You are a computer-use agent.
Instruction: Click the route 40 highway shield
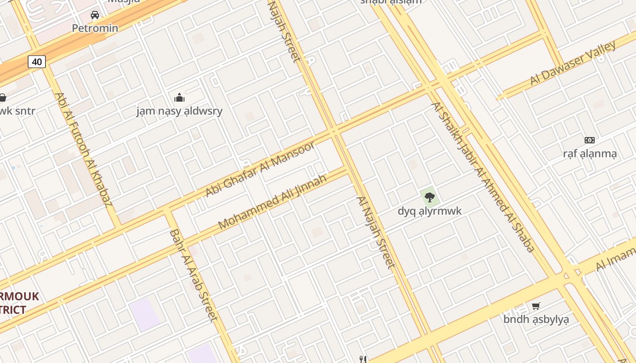(x=37, y=62)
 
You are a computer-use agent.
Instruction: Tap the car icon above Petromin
(x=95, y=15)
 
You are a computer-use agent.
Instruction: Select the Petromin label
(x=95, y=28)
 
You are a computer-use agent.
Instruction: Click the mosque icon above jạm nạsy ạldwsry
(x=179, y=97)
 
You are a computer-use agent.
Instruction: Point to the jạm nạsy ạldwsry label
(x=179, y=111)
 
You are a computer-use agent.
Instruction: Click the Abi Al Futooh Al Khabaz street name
(x=84, y=149)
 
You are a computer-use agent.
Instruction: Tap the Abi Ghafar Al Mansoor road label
(x=260, y=169)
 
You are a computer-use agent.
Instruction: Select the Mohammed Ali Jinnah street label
(x=272, y=201)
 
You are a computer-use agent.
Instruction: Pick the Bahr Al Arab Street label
(x=193, y=275)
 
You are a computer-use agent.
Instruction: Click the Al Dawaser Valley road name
(x=573, y=63)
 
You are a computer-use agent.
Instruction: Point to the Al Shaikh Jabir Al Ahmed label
(x=483, y=177)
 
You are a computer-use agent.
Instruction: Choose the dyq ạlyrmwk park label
(x=429, y=211)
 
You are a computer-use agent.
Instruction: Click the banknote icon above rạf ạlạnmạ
(x=590, y=140)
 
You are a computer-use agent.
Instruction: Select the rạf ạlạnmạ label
(x=590, y=154)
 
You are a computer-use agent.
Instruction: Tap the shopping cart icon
(x=536, y=306)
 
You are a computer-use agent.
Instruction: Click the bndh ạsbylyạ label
(x=536, y=319)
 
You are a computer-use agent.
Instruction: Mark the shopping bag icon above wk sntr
(x=3, y=98)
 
